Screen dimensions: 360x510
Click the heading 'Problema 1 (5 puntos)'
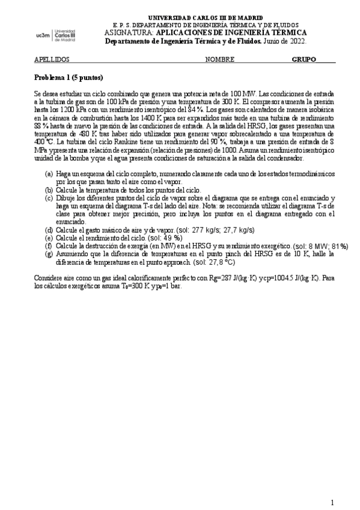(69, 78)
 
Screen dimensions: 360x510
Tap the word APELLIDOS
(52, 60)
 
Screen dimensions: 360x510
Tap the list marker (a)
(49, 174)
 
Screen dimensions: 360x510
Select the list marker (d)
(49, 230)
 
